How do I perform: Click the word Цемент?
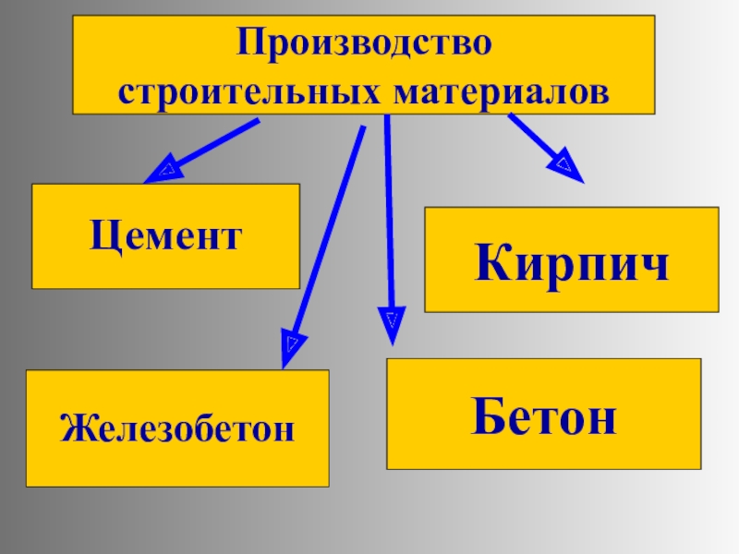point(166,236)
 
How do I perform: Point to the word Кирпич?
point(572,262)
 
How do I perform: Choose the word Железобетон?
point(177,428)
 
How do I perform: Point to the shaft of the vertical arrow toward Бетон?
point(388,212)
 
